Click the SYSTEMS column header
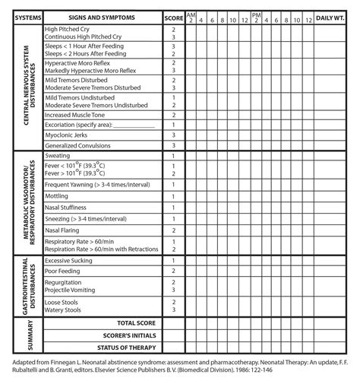(24, 17)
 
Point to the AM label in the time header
(191, 14)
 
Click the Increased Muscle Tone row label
(79, 114)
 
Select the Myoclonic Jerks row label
(68, 135)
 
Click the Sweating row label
(59, 156)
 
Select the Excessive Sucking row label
(71, 260)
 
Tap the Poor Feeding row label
(64, 270)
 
